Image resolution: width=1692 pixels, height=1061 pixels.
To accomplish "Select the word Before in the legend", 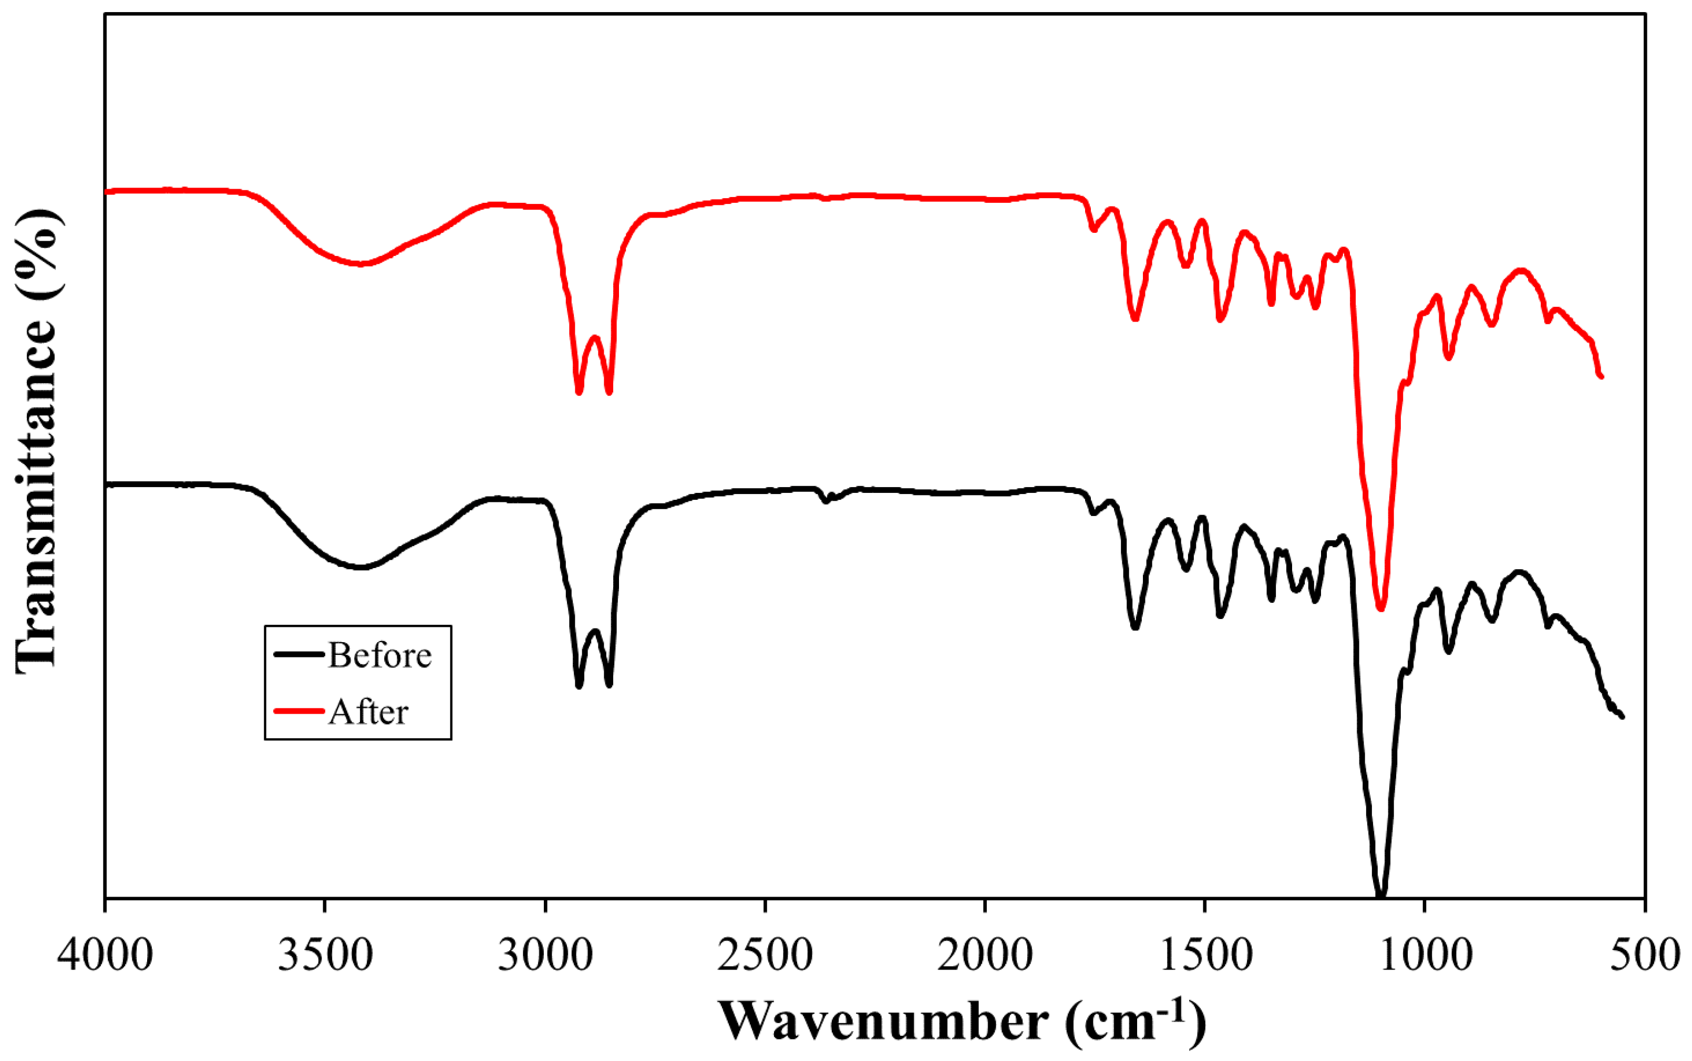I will coord(379,655).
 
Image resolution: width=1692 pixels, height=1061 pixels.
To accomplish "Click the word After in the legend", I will coord(368,712).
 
